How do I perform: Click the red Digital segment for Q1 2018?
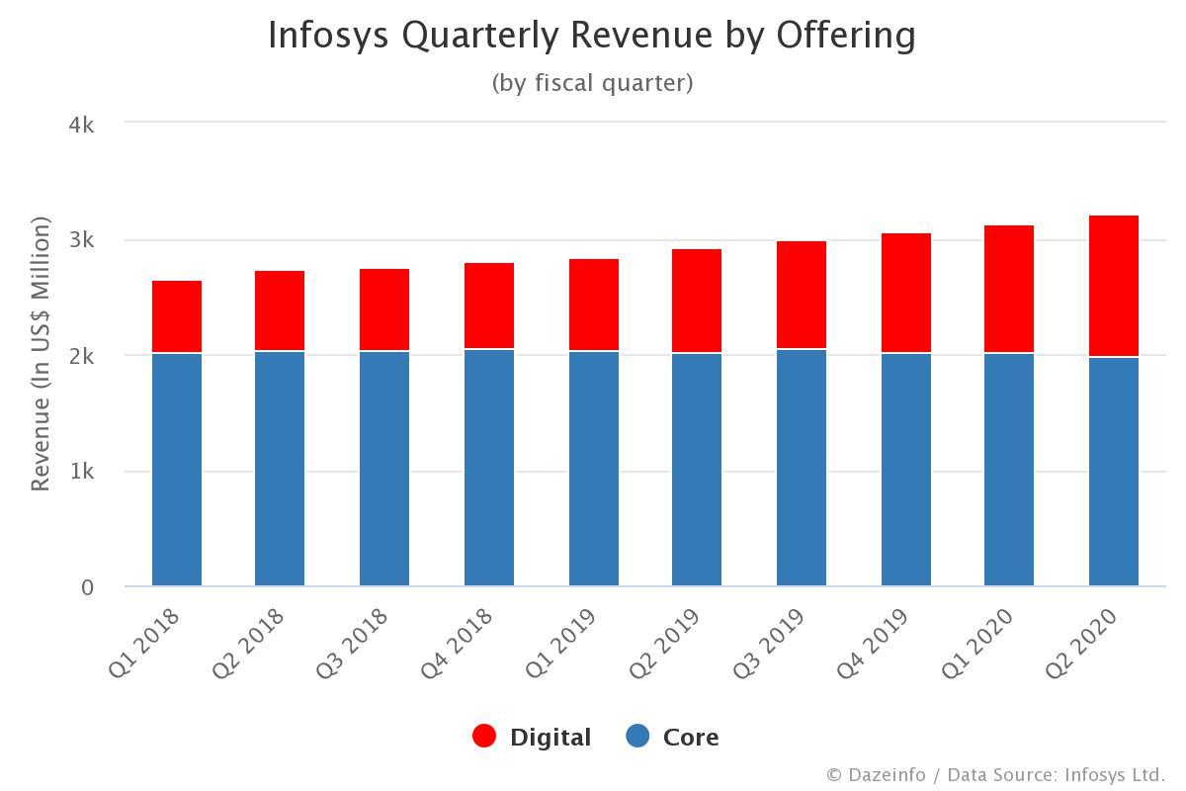point(177,316)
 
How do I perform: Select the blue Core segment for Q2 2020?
point(1113,471)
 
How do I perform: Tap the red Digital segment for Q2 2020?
point(1113,286)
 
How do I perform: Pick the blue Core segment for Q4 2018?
point(489,467)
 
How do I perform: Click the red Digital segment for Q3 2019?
point(802,295)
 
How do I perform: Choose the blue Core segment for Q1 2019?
point(594,468)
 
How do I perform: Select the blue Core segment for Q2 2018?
point(280,468)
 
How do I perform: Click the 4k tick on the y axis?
point(81,125)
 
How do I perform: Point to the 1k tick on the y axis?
point(81,472)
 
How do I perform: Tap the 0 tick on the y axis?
point(87,587)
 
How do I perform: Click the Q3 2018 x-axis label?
point(353,643)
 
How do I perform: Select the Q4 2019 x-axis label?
point(873,643)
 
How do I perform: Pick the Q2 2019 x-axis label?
point(665,643)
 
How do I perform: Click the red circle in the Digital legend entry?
point(484,737)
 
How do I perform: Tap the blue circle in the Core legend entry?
point(637,737)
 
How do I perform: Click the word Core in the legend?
point(691,738)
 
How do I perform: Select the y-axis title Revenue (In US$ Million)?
point(40,355)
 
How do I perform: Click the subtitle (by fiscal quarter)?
point(592,83)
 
